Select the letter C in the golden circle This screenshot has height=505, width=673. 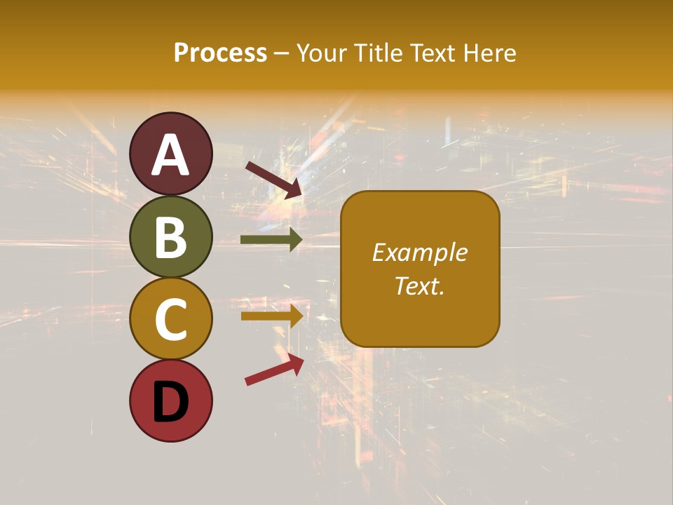tap(171, 319)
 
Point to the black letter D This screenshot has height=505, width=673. tap(171, 402)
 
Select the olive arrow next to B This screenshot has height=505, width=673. tap(271, 240)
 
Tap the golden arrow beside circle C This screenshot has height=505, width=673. tap(271, 316)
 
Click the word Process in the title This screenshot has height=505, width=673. tap(220, 53)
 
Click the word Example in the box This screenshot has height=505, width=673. tap(420, 252)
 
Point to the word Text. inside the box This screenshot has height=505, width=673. tap(420, 285)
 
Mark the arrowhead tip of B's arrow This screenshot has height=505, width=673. tap(301, 240)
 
